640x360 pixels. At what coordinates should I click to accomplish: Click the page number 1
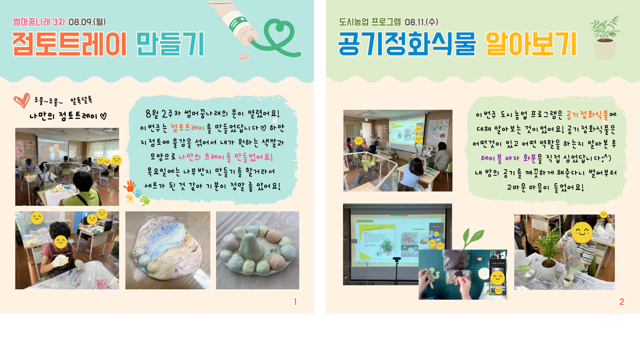click(295, 301)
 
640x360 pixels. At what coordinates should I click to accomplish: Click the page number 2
click(621, 301)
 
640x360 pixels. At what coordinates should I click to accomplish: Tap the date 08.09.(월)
click(87, 21)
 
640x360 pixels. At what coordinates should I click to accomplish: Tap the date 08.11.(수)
click(421, 21)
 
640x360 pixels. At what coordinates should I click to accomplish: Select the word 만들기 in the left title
click(170, 44)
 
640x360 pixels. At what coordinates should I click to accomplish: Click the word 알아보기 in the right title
click(531, 44)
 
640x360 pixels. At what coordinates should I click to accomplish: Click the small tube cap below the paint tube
click(244, 57)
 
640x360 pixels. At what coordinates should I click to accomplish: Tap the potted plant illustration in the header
click(605, 37)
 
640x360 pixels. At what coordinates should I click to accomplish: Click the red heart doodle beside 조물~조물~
click(21, 100)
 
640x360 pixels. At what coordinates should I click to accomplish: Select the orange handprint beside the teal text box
click(129, 186)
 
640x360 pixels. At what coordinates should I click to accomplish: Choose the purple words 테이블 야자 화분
click(508, 158)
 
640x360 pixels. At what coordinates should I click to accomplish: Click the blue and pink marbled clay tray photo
click(167, 250)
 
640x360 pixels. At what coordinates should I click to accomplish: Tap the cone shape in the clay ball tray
click(251, 246)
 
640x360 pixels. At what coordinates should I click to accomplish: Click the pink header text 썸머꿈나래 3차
click(39, 21)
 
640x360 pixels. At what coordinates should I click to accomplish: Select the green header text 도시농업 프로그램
click(369, 21)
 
